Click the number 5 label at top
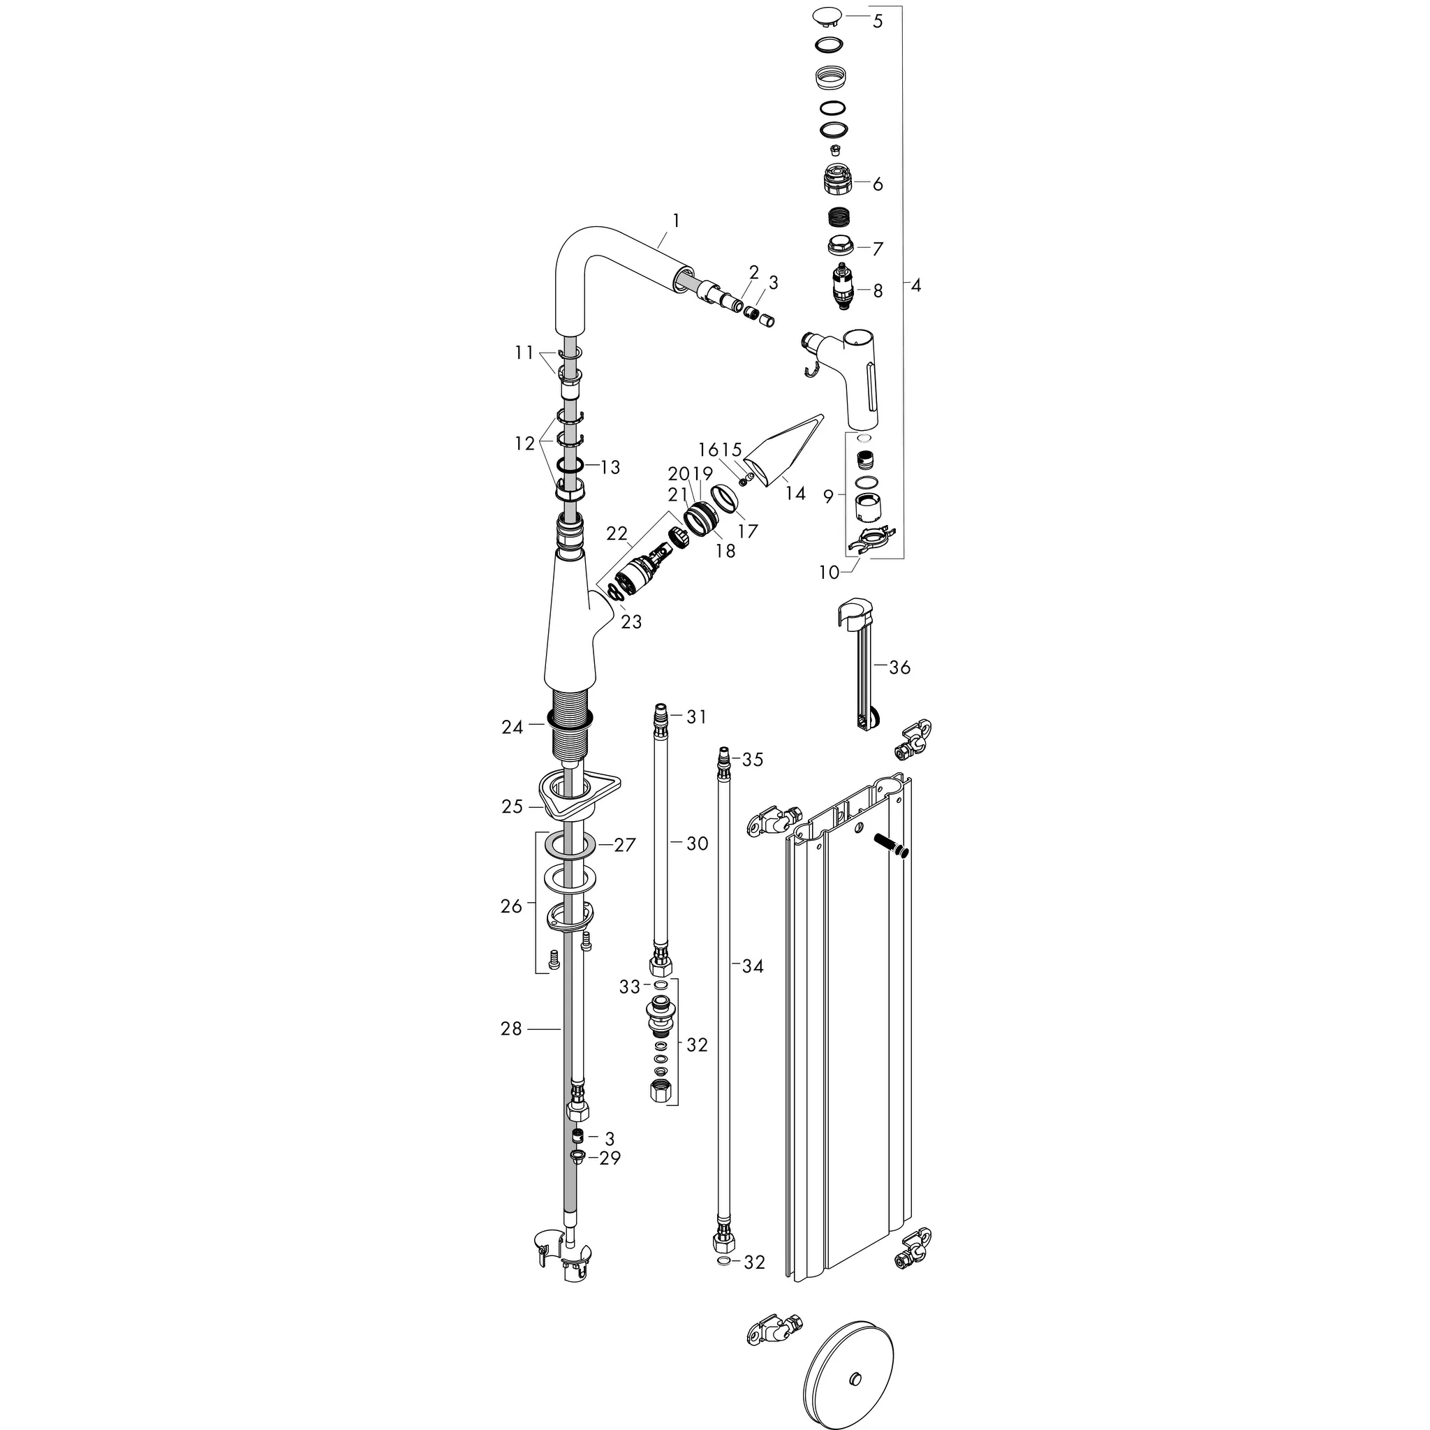coord(877,21)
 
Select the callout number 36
coord(899,668)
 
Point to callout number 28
coord(511,1029)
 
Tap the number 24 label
coord(513,728)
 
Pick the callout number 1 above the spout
coord(676,221)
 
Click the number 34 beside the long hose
coord(752,966)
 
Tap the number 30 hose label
coord(698,843)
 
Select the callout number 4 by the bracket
coord(916,285)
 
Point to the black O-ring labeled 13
coord(570,466)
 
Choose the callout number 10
coord(829,572)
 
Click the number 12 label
coord(524,443)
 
